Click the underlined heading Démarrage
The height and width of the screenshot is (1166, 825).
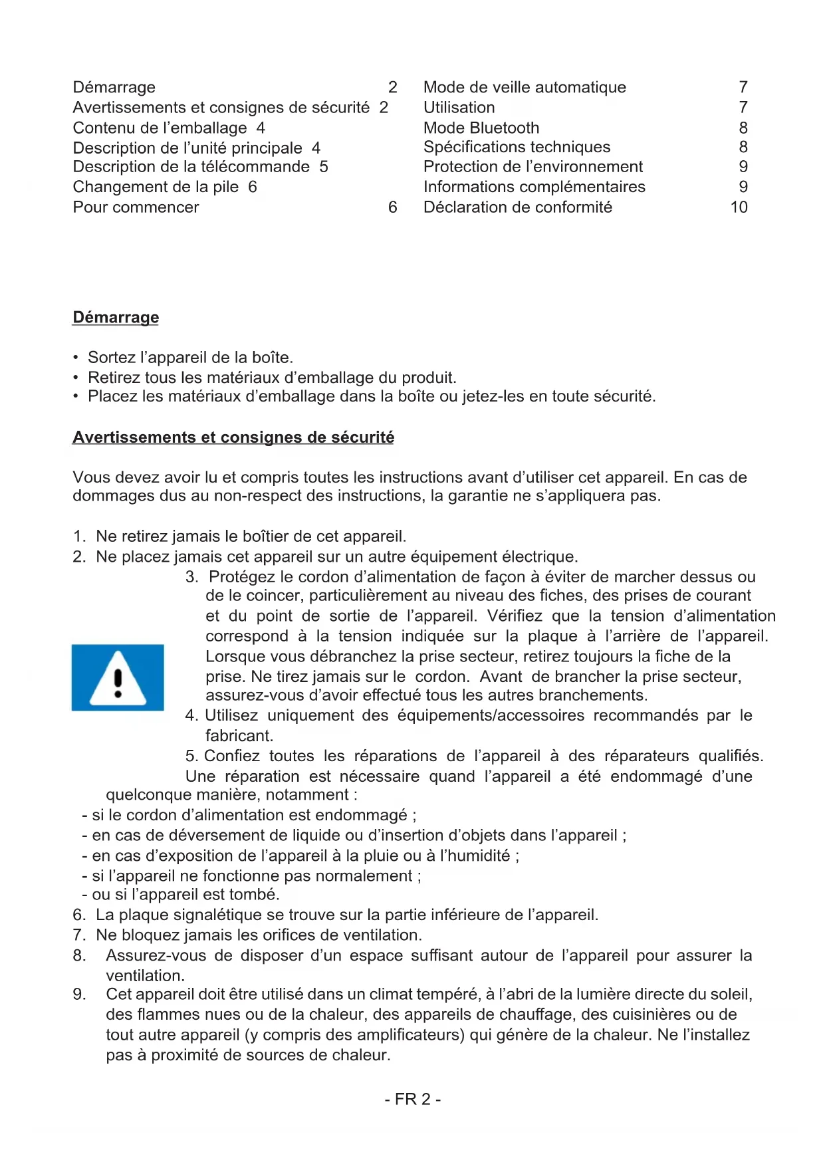[116, 318]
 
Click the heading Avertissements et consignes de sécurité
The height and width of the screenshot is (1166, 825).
[233, 437]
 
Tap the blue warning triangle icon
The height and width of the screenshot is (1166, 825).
[118, 677]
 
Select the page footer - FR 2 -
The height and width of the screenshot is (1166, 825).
[412, 1100]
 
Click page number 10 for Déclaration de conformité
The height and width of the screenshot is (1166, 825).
[739, 207]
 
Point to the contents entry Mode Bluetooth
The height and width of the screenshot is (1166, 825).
[481, 128]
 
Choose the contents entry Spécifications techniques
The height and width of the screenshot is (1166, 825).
[517, 147]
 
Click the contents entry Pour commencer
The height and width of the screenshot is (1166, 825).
[136, 207]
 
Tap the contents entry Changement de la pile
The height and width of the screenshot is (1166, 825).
[156, 187]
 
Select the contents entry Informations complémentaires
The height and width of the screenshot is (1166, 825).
[534, 187]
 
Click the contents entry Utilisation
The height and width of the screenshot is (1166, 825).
[459, 108]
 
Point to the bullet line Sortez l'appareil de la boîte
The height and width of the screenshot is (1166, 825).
[190, 358]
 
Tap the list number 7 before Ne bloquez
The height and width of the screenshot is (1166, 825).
[79, 935]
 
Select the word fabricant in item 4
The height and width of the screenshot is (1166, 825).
[239, 736]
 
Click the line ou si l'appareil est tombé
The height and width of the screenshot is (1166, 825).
[181, 895]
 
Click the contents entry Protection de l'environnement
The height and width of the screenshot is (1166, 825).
[533, 167]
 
